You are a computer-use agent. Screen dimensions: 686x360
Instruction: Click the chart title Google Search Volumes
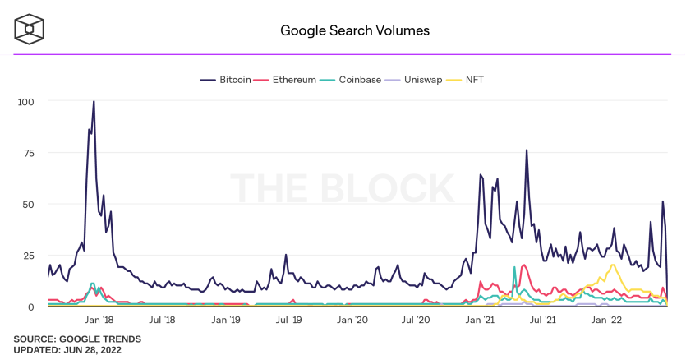click(355, 30)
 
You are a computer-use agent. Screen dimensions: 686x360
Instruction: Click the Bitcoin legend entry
click(225, 80)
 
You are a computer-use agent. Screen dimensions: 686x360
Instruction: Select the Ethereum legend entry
click(285, 80)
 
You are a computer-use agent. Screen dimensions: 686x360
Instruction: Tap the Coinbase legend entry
click(350, 80)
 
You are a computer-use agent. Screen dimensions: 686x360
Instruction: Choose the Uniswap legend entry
click(413, 80)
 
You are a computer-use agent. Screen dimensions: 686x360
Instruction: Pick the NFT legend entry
click(465, 80)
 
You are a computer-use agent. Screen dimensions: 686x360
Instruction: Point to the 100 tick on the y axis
click(25, 102)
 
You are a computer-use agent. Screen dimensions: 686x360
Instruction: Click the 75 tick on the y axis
click(29, 153)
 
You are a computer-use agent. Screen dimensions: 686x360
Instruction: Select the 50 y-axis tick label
click(29, 204)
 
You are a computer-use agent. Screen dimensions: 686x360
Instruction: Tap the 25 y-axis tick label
click(29, 256)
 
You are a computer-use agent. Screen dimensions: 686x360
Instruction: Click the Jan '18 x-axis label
click(99, 320)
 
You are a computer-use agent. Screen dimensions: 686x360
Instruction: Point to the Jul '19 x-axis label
click(288, 320)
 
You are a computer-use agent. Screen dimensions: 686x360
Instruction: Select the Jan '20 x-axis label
click(352, 320)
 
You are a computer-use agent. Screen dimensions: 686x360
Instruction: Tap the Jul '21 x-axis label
click(542, 320)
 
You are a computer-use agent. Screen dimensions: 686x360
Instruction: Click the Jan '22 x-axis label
click(606, 320)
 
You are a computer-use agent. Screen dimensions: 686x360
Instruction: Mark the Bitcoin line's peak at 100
click(94, 102)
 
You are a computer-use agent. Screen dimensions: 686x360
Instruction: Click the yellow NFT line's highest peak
click(614, 265)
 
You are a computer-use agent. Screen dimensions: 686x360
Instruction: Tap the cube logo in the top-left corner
click(30, 30)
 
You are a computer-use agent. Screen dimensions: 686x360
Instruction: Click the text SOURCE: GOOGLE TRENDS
click(77, 339)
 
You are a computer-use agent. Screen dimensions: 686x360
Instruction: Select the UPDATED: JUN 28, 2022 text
click(67, 350)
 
